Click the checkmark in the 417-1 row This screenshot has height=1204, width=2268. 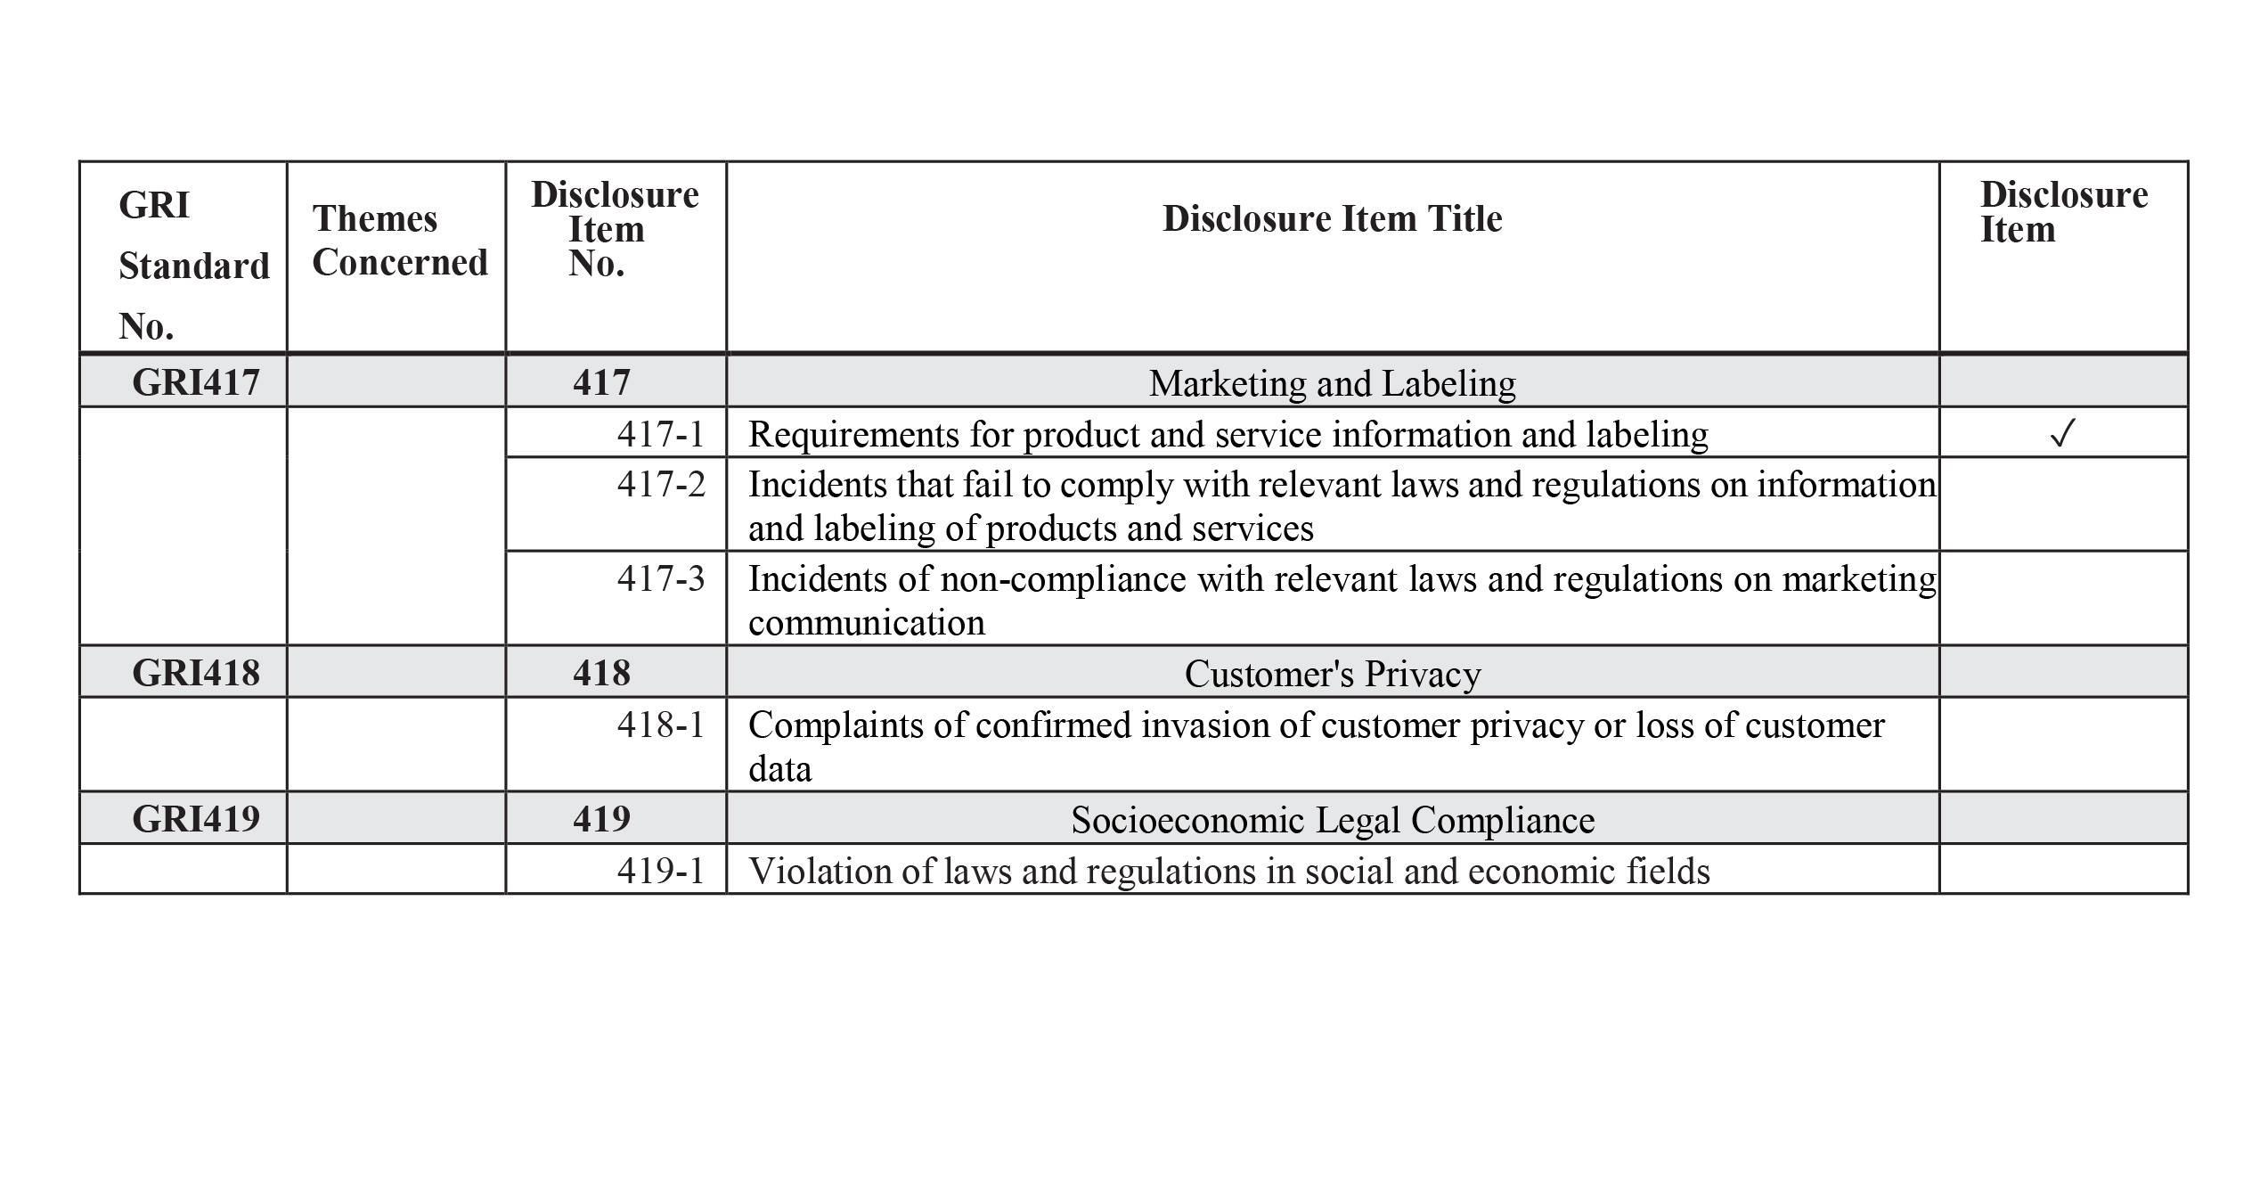(x=2062, y=434)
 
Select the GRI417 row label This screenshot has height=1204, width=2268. (x=196, y=382)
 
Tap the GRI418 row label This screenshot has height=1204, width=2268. (x=196, y=673)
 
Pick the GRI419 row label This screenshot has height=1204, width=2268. (x=196, y=819)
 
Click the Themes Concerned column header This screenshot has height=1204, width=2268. (x=400, y=241)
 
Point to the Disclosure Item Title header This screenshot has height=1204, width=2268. (x=1332, y=219)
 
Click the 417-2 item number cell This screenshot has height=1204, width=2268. (x=661, y=484)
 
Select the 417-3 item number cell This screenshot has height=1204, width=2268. (x=661, y=578)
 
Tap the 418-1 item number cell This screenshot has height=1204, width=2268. (x=661, y=725)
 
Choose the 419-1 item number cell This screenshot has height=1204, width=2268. (x=661, y=871)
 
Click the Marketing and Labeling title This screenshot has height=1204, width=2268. (x=1332, y=383)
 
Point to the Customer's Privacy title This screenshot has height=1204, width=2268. (x=1332, y=674)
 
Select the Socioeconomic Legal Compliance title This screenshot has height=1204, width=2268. (x=1332, y=820)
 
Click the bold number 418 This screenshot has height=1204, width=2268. (x=601, y=673)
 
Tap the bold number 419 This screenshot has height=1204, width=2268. (x=601, y=819)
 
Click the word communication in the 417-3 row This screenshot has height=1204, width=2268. (x=867, y=623)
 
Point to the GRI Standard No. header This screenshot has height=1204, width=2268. (x=193, y=266)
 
